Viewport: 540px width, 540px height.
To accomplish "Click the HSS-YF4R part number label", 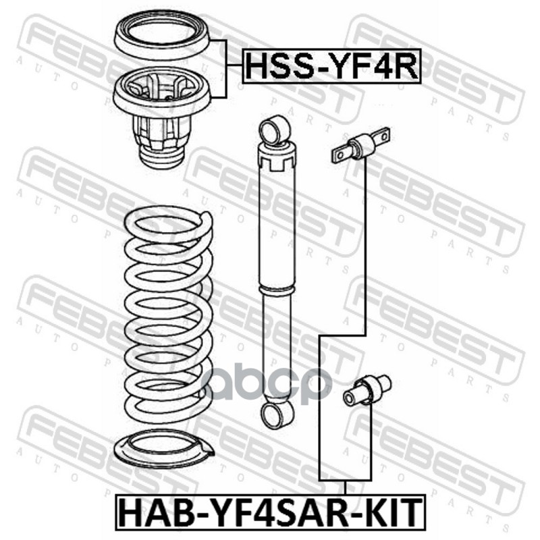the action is coord(331,66).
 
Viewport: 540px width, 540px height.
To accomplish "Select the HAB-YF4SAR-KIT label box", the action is coord(271,512).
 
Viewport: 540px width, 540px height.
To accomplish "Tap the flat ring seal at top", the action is coord(162,36).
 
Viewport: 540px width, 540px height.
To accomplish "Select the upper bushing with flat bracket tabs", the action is coord(361,144).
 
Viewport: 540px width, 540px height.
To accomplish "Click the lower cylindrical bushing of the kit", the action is coord(367,391).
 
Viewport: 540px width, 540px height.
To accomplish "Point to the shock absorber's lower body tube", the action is coord(276,348).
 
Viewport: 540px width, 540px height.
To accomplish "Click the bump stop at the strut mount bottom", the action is coord(161,157).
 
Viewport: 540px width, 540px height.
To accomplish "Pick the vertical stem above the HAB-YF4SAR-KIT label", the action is coord(345,487).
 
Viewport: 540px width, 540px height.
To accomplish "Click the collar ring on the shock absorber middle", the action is coord(277,290).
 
